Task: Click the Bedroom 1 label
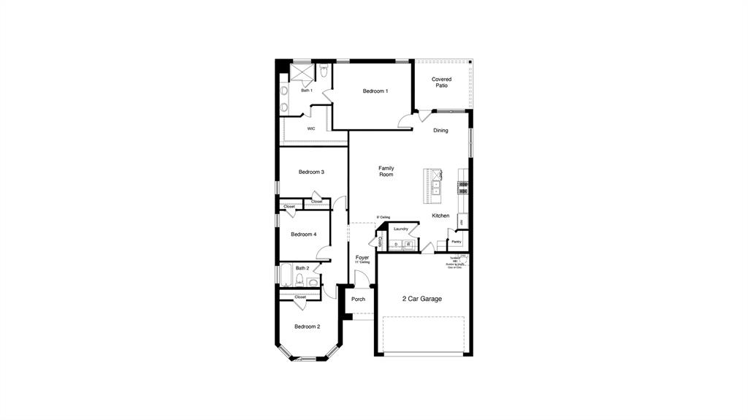(375, 91)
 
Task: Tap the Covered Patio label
(441, 83)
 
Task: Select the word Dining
(440, 131)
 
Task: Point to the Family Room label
(386, 172)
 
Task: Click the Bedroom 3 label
(311, 172)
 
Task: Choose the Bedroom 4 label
(303, 234)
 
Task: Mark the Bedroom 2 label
(307, 327)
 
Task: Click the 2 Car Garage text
(422, 299)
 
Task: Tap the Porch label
(358, 299)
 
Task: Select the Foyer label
(362, 258)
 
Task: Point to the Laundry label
(400, 229)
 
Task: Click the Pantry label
(456, 242)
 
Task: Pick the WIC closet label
(311, 129)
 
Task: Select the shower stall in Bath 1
(302, 73)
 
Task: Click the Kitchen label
(440, 215)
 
